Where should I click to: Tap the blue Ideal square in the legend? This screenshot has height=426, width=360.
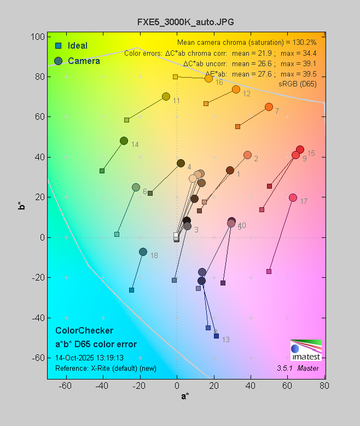coord(58,45)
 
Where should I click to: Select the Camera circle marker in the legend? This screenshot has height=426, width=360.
coord(58,61)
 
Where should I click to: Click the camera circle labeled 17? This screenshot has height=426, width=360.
coord(293,197)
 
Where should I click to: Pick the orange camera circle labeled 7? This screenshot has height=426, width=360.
coord(269,107)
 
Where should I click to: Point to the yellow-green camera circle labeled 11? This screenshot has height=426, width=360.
coord(166,97)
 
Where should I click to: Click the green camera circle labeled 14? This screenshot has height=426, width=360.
coord(124,141)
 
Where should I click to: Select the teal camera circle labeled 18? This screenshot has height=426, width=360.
coord(143,252)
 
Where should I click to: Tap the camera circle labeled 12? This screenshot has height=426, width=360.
coord(236,89)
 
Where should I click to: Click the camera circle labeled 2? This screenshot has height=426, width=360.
coord(247,155)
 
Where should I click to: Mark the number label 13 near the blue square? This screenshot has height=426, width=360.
coord(225,340)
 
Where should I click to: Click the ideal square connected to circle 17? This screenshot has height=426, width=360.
coord(269,271)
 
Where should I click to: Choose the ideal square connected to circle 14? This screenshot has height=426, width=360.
coord(102,171)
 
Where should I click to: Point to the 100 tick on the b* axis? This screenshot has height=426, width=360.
coord(38,37)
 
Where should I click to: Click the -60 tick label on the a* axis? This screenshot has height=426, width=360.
coord(65,386)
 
